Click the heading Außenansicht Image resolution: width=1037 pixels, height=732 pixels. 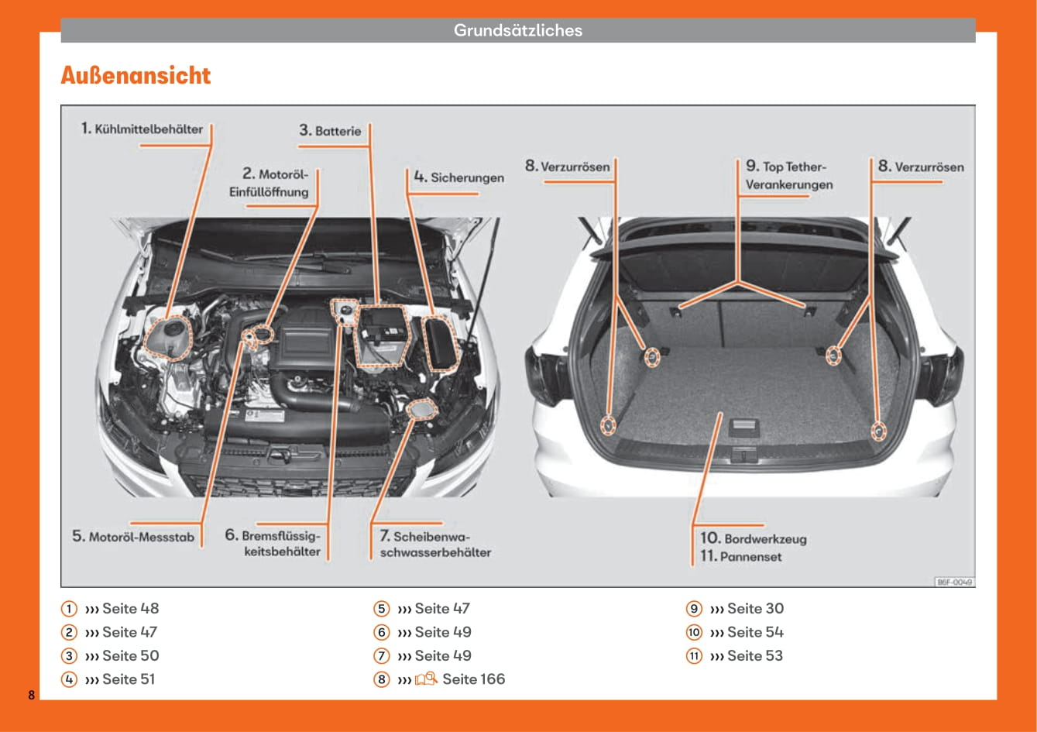point(136,76)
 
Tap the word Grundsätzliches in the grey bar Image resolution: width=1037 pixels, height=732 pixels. point(517,31)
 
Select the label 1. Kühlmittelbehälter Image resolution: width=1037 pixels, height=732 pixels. point(143,129)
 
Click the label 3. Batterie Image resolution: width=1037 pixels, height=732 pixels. point(331,131)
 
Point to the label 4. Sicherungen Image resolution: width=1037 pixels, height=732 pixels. point(458,177)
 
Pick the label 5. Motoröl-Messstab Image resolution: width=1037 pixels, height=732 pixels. point(133,536)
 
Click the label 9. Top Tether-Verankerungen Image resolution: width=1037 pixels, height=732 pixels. point(788,176)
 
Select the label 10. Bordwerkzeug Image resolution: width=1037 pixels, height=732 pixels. point(753,538)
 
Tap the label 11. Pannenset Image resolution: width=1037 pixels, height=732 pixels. point(740,556)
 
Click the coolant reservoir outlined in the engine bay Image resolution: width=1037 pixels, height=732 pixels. point(168,338)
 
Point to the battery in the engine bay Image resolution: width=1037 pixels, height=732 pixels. point(379,335)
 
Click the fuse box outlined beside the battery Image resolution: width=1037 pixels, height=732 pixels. point(442,342)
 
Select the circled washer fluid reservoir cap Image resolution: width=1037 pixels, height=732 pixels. point(422,408)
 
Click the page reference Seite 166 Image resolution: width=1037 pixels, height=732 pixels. point(473,679)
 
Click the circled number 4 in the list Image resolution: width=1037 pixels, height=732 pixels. point(70,679)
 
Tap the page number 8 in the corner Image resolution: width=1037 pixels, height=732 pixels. point(32,695)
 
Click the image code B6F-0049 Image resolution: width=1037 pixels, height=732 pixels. point(954,582)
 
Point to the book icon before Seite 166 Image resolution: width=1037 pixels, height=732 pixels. point(426,679)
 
